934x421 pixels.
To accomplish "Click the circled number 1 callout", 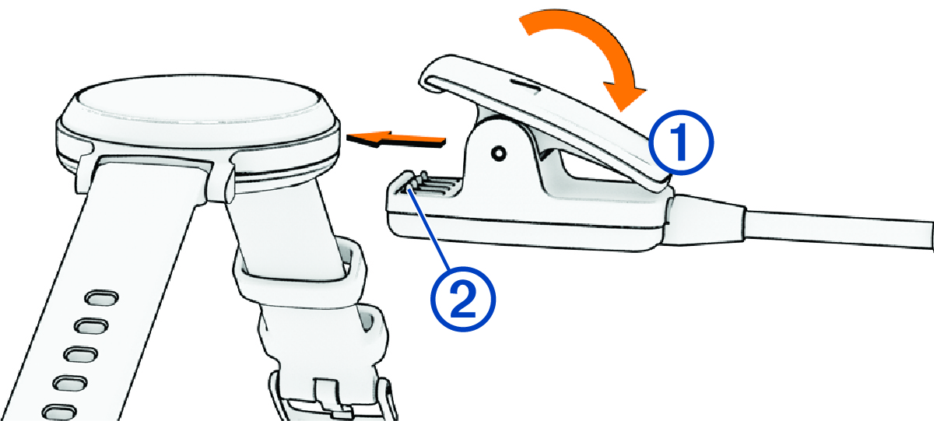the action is click(x=680, y=142).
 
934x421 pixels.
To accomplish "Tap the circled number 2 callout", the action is click(x=463, y=300).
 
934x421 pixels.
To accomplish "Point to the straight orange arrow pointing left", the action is click(x=396, y=139).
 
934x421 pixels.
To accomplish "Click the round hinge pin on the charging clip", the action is click(x=498, y=153).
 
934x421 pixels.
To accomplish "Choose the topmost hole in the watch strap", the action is click(x=101, y=297).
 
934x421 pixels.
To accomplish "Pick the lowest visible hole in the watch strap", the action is click(x=59, y=412).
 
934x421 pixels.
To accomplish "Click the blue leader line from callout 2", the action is click(x=430, y=230).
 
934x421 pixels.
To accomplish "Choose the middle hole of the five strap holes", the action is click(x=80, y=354).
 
